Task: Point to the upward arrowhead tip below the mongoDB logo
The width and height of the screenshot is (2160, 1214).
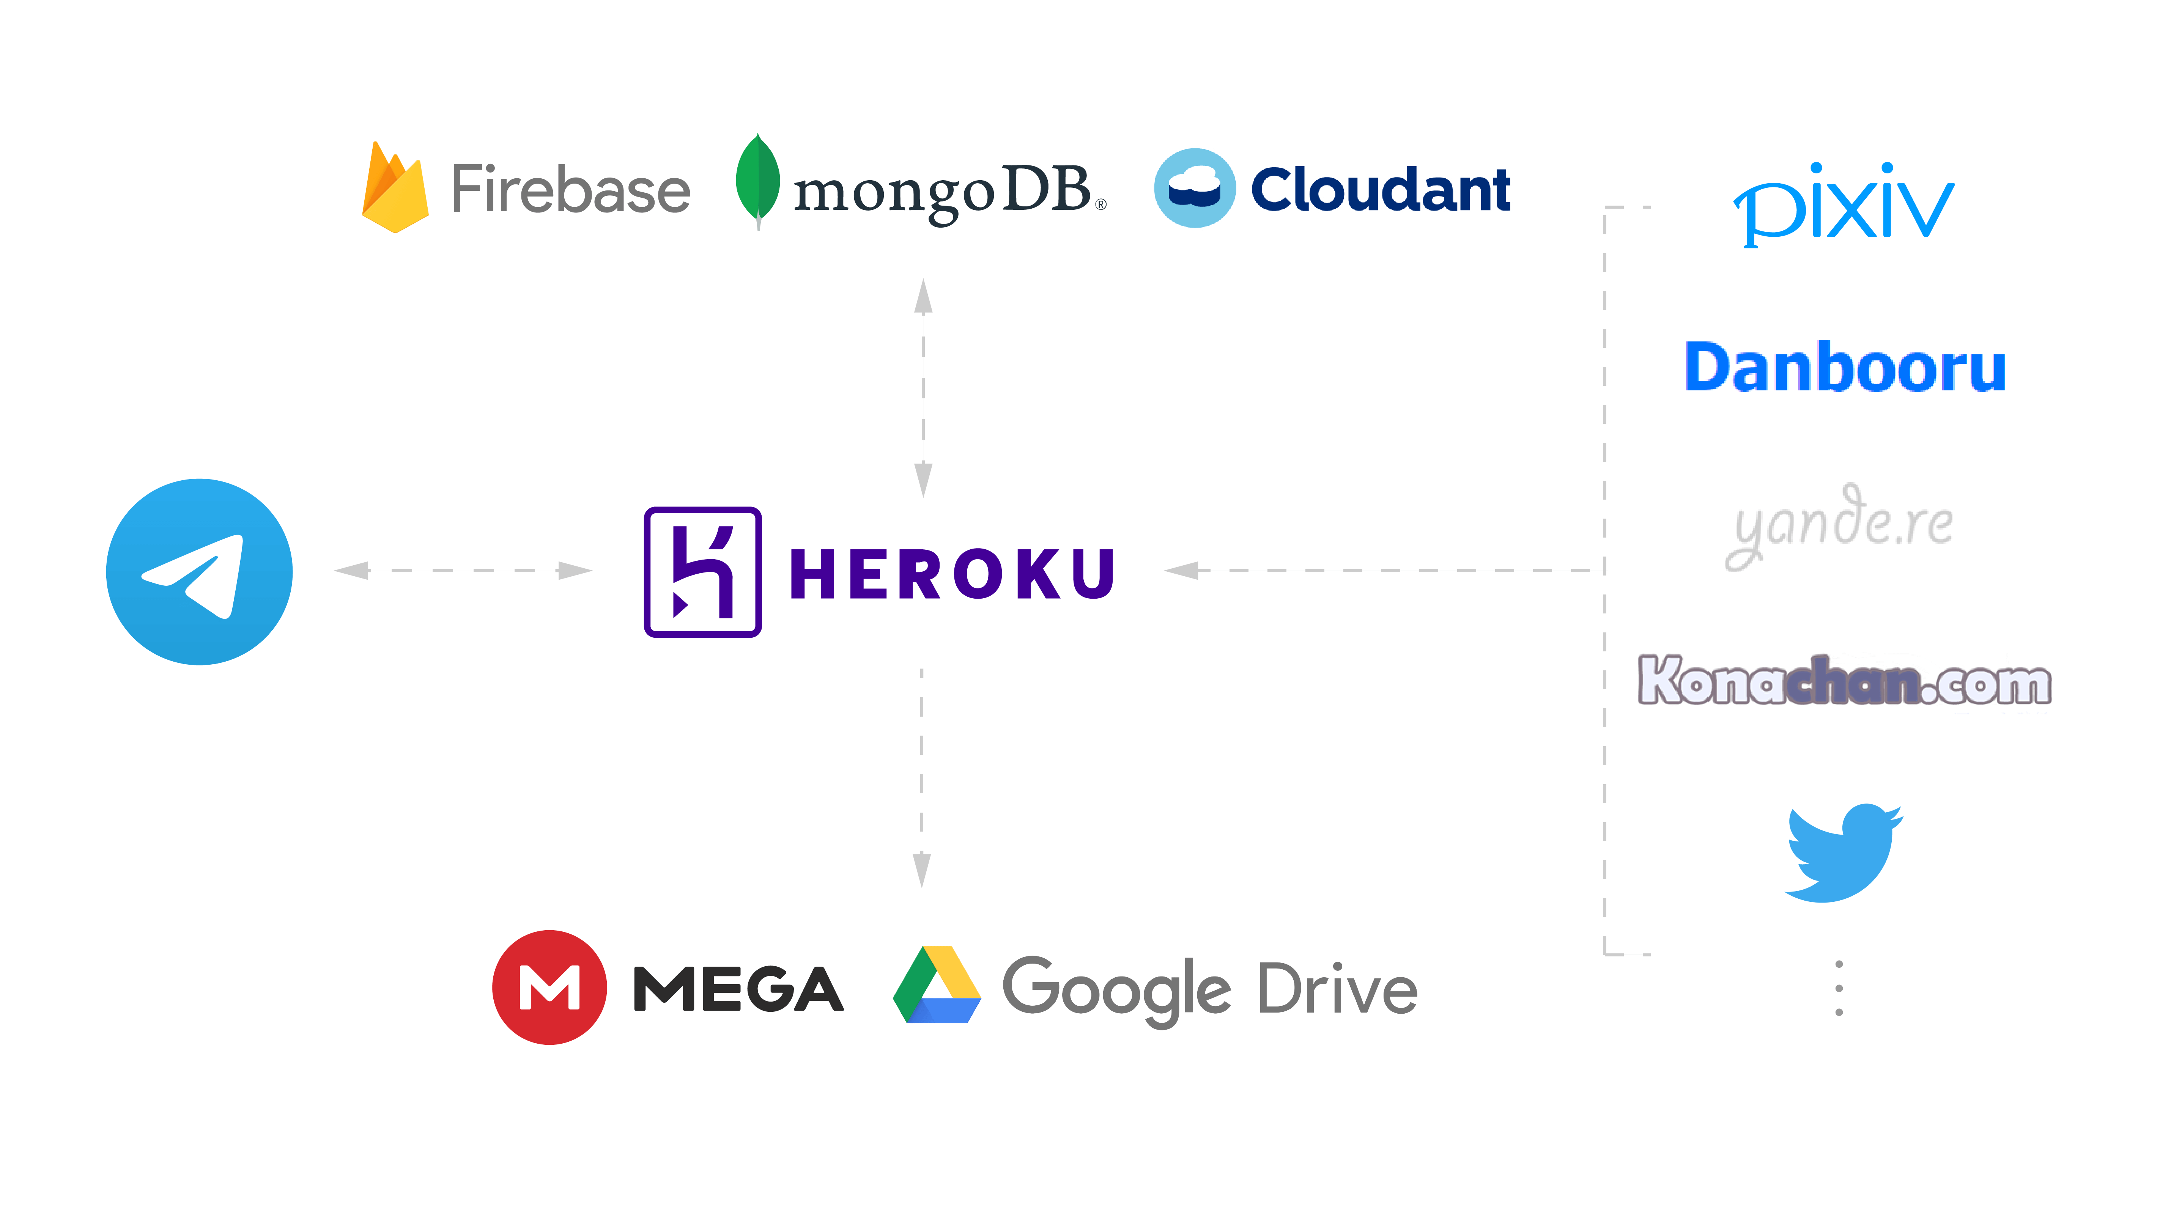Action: (x=923, y=279)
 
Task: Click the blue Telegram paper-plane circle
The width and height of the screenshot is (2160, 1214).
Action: (x=200, y=572)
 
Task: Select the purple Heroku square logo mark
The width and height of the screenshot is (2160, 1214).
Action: (x=703, y=572)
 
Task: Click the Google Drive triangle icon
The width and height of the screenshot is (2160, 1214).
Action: (x=937, y=985)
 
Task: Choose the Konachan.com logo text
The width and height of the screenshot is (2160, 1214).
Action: (x=1845, y=680)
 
